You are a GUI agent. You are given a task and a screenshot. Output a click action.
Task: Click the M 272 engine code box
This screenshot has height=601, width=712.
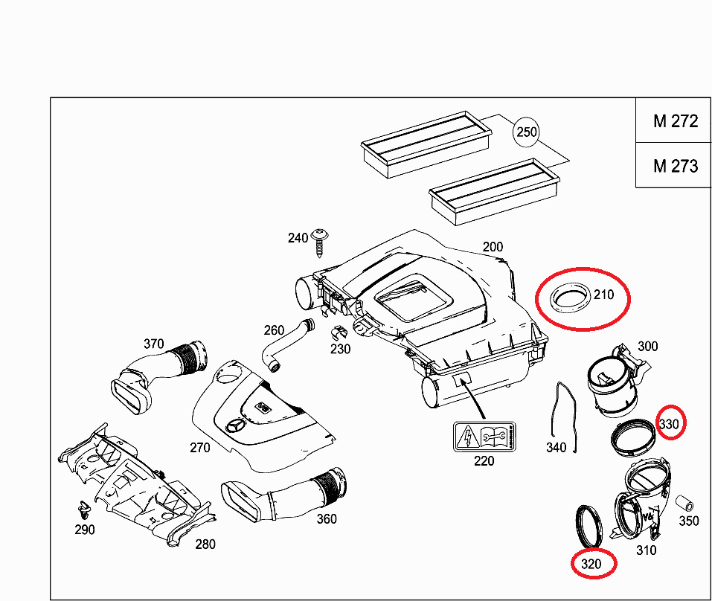point(675,121)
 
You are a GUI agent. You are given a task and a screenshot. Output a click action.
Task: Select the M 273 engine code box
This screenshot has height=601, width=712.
point(675,166)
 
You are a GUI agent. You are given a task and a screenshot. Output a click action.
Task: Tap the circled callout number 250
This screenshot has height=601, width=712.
point(525,132)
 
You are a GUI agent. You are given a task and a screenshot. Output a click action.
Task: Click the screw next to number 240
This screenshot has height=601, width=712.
point(321,241)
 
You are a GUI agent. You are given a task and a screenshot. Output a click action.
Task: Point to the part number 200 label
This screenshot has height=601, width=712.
point(493,247)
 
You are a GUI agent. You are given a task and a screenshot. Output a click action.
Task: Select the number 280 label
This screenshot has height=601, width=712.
point(205,544)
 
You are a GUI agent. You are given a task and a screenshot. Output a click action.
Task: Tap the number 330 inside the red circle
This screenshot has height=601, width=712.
point(670,424)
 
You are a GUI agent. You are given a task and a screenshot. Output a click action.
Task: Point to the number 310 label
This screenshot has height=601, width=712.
point(646,550)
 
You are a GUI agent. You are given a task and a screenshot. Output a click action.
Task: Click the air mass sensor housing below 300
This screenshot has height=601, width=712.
point(612,382)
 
